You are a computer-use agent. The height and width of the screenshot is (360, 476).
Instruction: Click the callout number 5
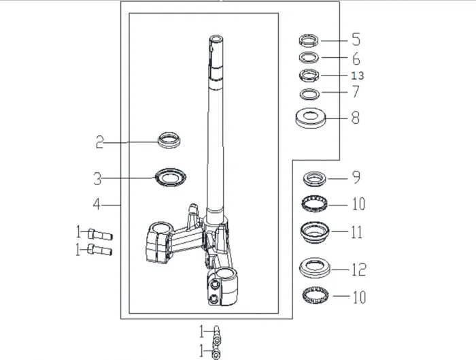pyautogui.click(x=356, y=39)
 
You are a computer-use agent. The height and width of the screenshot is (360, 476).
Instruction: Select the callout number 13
pyautogui.click(x=358, y=76)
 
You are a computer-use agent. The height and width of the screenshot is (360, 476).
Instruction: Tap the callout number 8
pyautogui.click(x=356, y=118)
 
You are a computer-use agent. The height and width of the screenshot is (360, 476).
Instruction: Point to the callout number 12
pyautogui.click(x=358, y=269)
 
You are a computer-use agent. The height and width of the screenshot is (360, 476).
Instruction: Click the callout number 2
pyautogui.click(x=99, y=142)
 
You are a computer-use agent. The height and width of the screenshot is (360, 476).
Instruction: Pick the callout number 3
pyautogui.click(x=98, y=179)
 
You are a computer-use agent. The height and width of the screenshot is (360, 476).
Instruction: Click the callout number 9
pyautogui.click(x=356, y=178)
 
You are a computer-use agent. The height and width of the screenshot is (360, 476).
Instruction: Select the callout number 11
pyautogui.click(x=357, y=232)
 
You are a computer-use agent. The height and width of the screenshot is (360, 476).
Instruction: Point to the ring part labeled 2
pyautogui.click(x=170, y=140)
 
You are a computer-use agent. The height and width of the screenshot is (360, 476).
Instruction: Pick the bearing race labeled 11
pyautogui.click(x=313, y=231)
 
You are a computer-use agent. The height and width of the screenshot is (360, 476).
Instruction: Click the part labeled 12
pyautogui.click(x=313, y=267)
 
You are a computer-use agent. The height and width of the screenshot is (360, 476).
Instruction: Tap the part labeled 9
pyautogui.click(x=314, y=179)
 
